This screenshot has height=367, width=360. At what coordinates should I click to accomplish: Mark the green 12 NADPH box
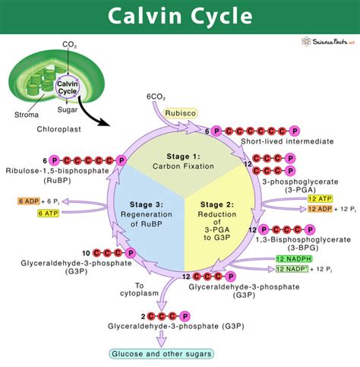(x=294, y=259)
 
